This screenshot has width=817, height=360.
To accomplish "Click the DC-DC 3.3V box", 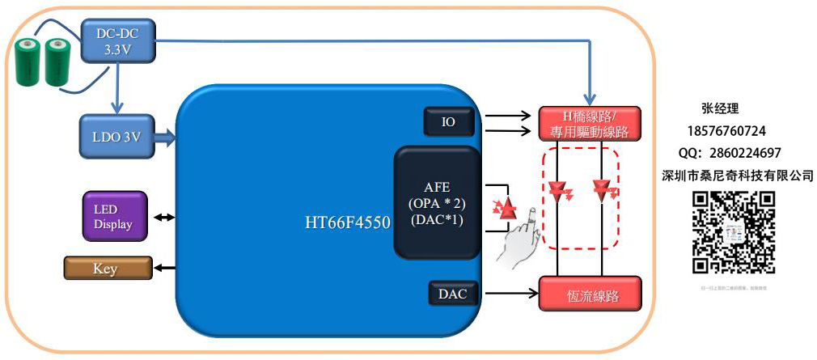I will pyautogui.click(x=118, y=40).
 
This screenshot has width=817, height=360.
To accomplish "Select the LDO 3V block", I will pyautogui.click(x=116, y=136).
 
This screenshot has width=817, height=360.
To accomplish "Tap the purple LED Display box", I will pyautogui.click(x=115, y=216).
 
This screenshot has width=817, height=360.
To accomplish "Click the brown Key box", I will pyautogui.click(x=107, y=269).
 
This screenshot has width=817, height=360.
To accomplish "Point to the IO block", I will pyautogui.click(x=448, y=122).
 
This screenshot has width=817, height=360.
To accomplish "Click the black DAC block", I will pyautogui.click(x=453, y=294).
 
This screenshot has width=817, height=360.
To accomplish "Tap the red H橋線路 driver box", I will pyautogui.click(x=590, y=123).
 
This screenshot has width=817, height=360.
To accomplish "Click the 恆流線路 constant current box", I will pyautogui.click(x=590, y=294).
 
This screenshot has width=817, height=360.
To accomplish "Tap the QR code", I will pyautogui.click(x=734, y=232).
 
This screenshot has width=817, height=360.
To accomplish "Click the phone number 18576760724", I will pyautogui.click(x=726, y=130).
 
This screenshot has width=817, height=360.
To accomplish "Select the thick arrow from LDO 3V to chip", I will pyautogui.click(x=164, y=136).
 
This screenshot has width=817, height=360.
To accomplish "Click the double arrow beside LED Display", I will pyautogui.click(x=164, y=217).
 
